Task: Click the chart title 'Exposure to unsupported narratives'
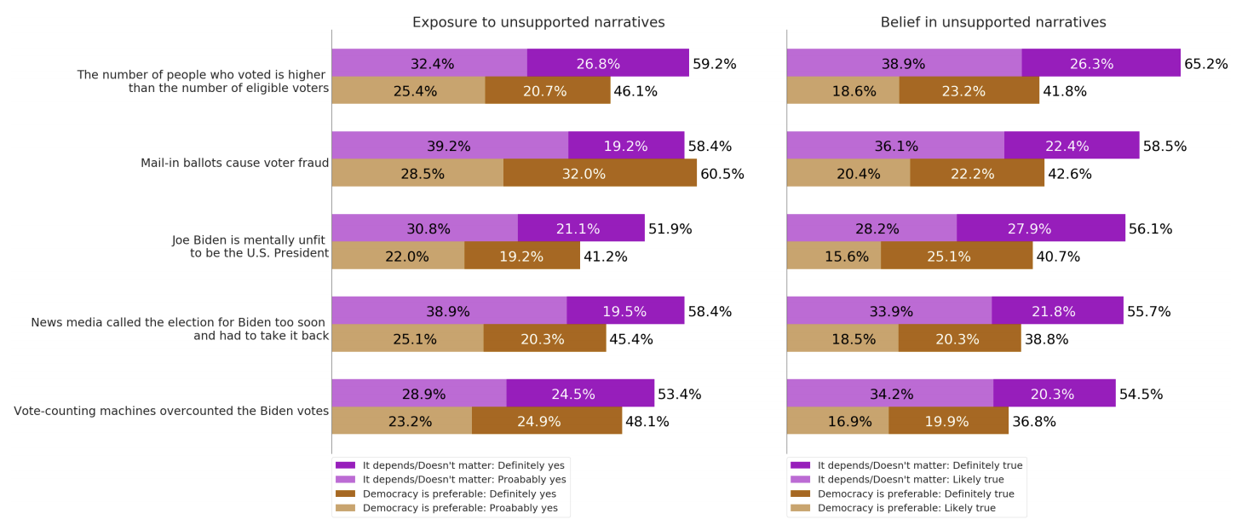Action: [538, 22]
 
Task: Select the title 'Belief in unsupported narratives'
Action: [993, 22]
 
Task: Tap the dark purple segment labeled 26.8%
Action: [607, 63]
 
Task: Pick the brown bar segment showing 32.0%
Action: [600, 173]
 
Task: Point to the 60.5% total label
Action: [722, 174]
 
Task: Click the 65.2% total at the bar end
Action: [1206, 64]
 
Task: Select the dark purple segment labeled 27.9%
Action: [1040, 228]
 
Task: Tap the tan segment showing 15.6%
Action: [833, 256]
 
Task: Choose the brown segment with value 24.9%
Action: [546, 421]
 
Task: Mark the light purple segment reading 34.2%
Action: [889, 394]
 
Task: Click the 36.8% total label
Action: [1033, 421]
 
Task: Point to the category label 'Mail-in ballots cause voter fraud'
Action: [234, 163]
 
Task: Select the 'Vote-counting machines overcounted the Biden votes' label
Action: [171, 411]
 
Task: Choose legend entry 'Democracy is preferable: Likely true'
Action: [906, 508]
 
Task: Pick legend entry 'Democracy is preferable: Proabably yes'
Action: [460, 508]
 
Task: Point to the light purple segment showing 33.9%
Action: [888, 311]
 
